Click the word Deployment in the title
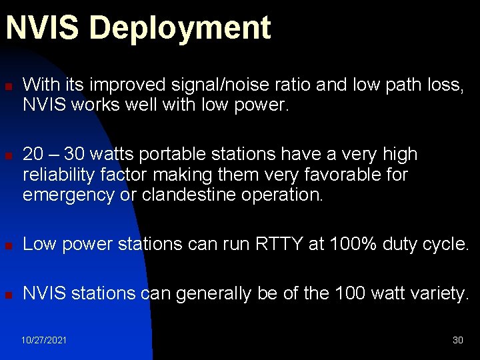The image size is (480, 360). (x=180, y=29)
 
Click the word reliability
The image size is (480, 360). (x=58, y=175)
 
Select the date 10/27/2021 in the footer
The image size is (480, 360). (x=44, y=340)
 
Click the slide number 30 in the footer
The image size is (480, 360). (x=457, y=340)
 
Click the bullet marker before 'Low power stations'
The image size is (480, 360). (x=8, y=245)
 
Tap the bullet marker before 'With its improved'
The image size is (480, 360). (x=8, y=86)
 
